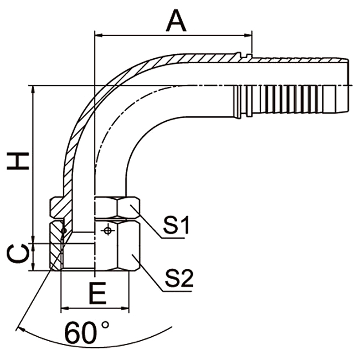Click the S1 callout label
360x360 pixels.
[x=177, y=225]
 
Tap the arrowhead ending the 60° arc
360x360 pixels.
[x=20, y=327]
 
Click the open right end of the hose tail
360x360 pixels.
[x=348, y=85]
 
